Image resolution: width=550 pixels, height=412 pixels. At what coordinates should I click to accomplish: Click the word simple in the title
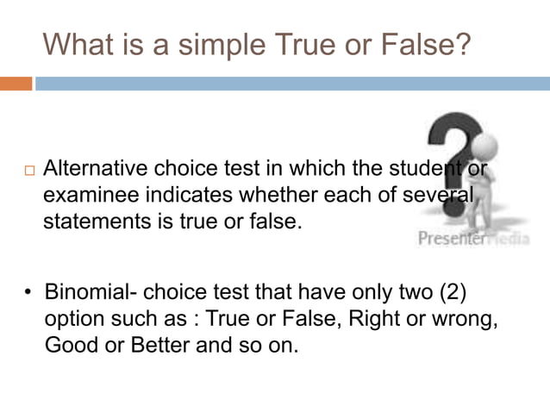pos(223,43)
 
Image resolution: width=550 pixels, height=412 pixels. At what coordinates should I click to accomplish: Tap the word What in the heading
pos(81,43)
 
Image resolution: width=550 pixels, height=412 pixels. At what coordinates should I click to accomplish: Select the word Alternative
pos(93,167)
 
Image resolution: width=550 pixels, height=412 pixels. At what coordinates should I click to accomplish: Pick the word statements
pos(93,222)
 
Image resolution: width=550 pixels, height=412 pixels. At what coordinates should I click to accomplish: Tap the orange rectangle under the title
pos(16,84)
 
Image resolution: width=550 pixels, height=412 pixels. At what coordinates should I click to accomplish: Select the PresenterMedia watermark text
pos(472,239)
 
